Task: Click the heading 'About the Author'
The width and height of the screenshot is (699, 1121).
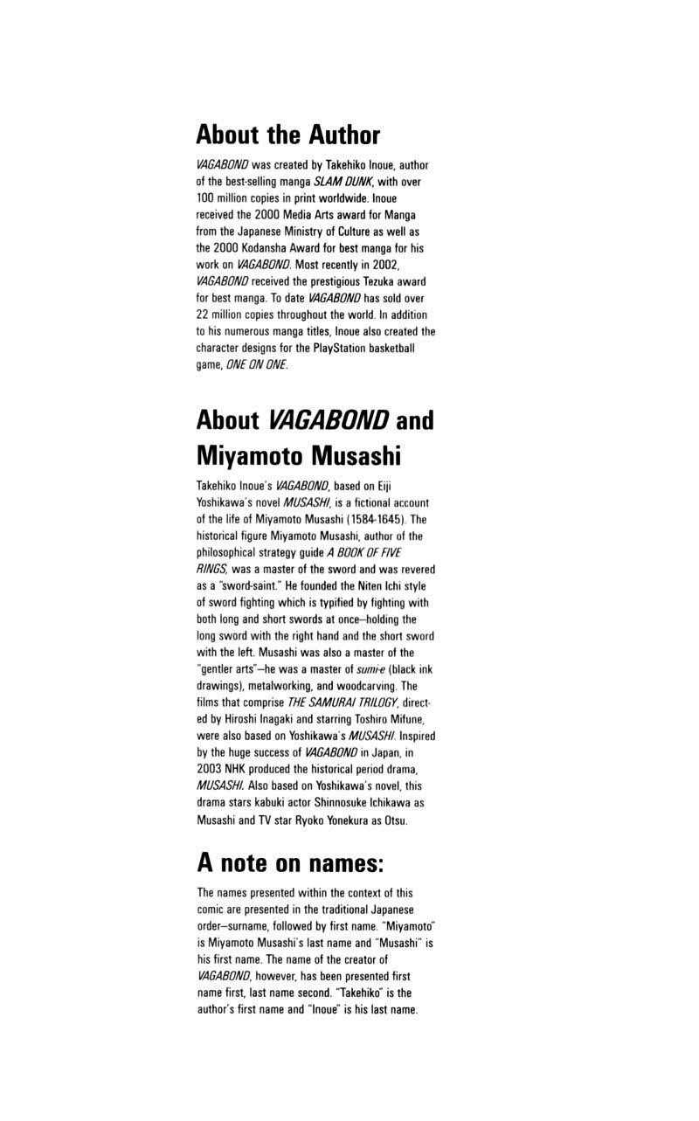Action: coord(287,135)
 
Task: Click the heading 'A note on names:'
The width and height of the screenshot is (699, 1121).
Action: coord(290,863)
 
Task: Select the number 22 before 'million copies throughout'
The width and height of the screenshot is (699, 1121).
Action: coord(204,315)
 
